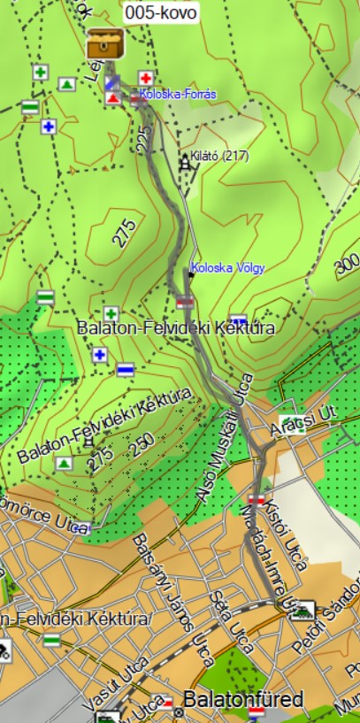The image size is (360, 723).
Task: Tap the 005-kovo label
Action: [x=161, y=12]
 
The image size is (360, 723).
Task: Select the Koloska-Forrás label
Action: [x=178, y=94]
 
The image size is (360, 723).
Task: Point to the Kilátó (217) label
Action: [x=218, y=156]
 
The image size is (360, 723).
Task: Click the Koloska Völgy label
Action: [x=228, y=267]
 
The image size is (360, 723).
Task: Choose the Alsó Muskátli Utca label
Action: [x=226, y=438]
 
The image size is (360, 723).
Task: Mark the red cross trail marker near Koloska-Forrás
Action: [x=146, y=78]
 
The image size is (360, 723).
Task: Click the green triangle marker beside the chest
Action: [x=67, y=84]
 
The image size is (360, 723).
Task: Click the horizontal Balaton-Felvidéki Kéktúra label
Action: [x=176, y=328]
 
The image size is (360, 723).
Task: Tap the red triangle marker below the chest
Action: [x=112, y=98]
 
